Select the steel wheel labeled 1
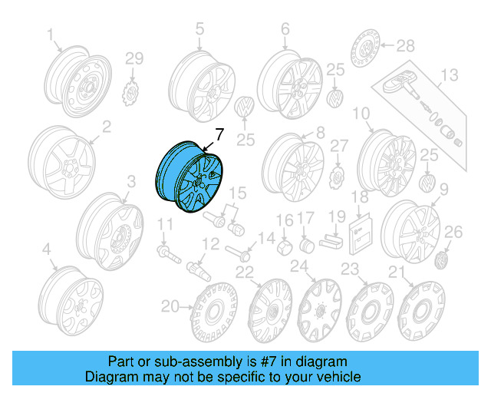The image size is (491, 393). coord(74,81)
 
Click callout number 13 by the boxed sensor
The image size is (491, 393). coord(448,75)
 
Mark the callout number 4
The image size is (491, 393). coord(47,249)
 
